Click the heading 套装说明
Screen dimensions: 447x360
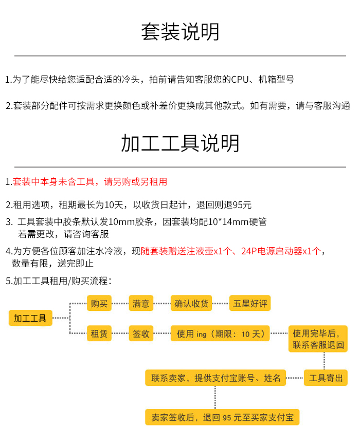(180, 32)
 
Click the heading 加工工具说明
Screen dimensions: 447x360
(180, 143)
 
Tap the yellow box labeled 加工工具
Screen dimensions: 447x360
(30, 318)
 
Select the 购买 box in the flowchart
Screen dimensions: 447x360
(99, 303)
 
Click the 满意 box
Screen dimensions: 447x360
(141, 303)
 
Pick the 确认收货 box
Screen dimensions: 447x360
(191, 303)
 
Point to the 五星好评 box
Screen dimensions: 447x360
(249, 303)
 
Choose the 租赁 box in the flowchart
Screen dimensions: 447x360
(99, 334)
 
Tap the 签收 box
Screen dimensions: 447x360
(141, 334)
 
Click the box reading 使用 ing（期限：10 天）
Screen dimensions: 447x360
(220, 334)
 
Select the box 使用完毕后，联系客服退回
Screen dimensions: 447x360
(318, 339)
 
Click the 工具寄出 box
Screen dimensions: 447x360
(326, 378)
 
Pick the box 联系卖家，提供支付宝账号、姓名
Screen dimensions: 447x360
(215, 378)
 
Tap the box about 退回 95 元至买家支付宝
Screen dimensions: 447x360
(222, 417)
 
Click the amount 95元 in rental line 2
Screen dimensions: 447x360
(242, 205)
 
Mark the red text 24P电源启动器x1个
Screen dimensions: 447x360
(280, 251)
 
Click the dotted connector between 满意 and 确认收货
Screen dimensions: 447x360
(162, 303)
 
